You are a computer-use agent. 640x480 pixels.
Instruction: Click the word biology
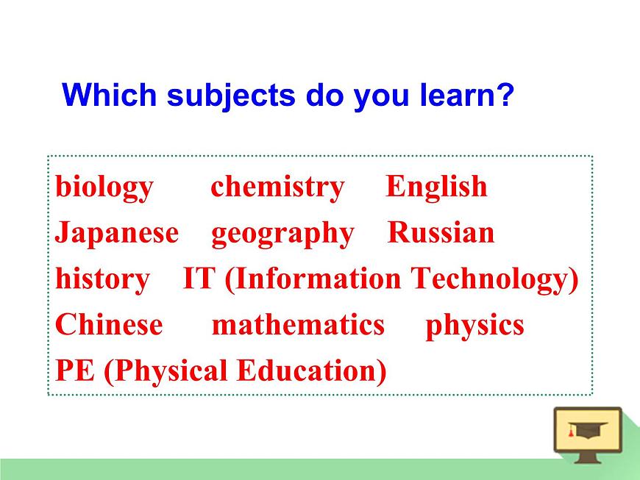tap(104, 187)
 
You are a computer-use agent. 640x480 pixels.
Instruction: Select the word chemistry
tap(277, 187)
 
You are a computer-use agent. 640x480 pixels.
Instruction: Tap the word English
tap(436, 187)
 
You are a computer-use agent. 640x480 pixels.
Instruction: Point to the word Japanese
tap(117, 233)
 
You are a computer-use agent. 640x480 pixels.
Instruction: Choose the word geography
tap(282, 234)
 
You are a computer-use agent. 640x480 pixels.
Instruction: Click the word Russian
tap(441, 233)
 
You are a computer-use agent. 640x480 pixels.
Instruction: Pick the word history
tap(102, 279)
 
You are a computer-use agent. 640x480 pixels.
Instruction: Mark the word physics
tap(474, 326)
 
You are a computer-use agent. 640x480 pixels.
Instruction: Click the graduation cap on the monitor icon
tap(588, 430)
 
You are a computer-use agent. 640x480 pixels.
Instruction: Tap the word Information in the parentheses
tap(317, 279)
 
